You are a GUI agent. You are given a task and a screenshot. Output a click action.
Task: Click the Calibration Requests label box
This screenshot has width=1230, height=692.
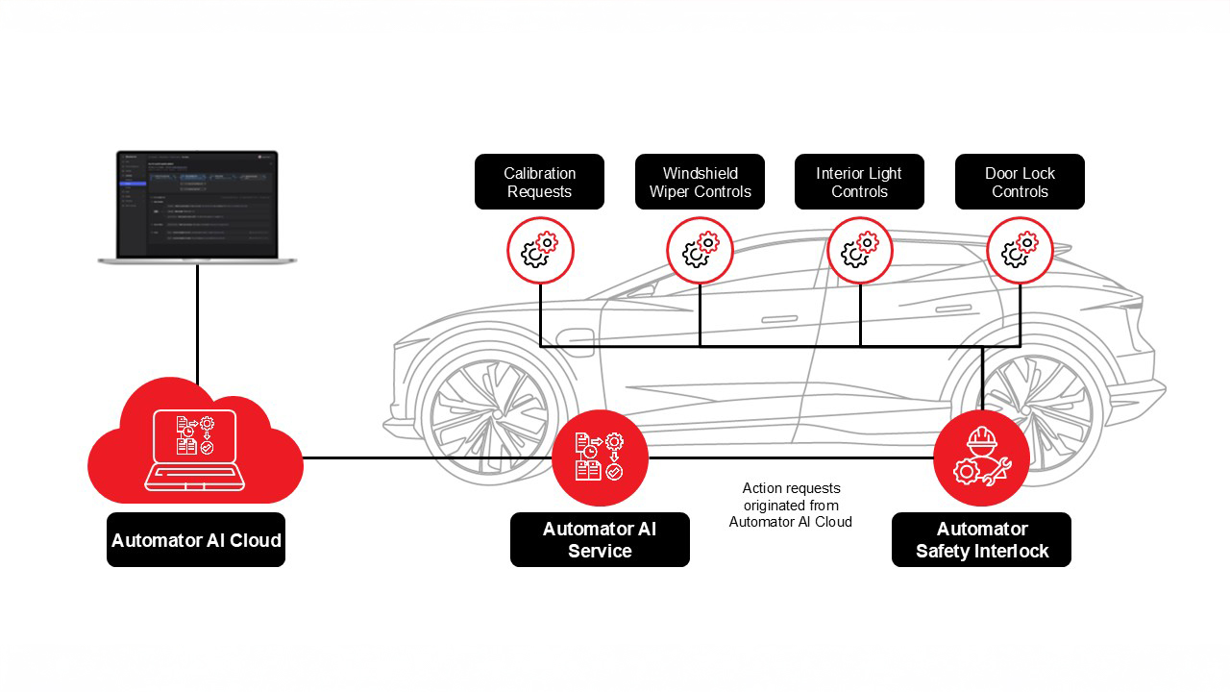539,182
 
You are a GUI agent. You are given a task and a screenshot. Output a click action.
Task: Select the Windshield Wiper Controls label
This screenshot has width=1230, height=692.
700,182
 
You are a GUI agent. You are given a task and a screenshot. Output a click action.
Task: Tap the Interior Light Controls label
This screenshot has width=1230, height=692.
859,182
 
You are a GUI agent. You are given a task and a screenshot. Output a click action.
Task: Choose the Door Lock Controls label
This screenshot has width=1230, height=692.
1020,182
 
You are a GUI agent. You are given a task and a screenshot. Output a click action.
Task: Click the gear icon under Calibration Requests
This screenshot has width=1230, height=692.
540,250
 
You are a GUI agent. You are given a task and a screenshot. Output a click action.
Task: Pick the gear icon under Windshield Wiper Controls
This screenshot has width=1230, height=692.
700,250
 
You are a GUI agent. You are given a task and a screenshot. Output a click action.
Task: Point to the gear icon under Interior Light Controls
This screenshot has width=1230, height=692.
860,250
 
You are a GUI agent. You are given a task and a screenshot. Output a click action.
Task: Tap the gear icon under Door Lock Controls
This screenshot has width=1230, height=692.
1021,250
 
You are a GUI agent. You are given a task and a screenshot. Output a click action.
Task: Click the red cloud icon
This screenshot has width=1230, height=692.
195,443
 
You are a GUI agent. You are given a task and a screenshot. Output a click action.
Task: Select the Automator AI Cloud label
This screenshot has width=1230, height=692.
196,540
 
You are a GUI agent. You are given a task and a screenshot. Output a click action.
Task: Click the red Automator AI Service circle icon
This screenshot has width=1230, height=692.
600,457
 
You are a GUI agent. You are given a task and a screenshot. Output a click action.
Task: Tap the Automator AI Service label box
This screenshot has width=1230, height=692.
600,540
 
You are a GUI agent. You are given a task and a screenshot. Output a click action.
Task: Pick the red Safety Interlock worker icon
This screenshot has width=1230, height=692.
981,457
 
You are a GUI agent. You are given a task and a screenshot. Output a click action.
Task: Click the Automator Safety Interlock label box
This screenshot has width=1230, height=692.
981,540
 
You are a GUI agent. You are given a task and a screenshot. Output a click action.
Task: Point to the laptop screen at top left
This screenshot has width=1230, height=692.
197,204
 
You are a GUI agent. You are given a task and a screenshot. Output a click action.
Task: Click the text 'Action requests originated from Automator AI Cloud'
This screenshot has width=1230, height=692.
790,506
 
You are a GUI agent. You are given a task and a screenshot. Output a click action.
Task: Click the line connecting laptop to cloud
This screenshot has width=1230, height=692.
197,322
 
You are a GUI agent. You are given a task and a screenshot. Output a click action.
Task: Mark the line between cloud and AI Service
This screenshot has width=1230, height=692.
428,457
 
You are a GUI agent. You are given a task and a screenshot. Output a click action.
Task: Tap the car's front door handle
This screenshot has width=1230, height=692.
778,319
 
